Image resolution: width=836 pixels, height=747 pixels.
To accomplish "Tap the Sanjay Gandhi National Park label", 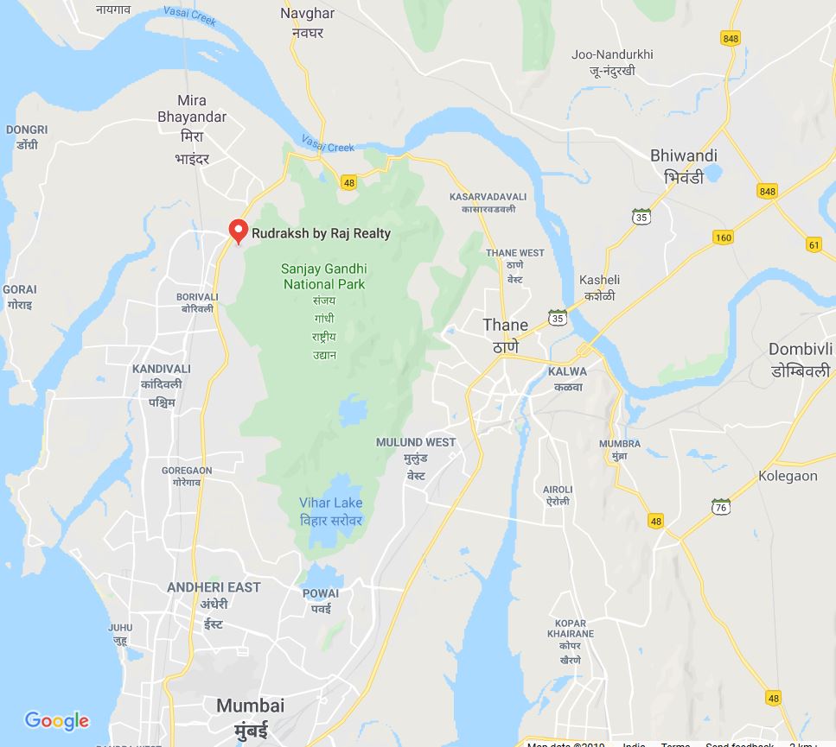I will tap(324, 277).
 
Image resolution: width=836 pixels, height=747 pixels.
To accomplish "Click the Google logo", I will tap(57, 720).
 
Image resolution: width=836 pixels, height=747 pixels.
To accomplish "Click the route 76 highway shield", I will tap(721, 507).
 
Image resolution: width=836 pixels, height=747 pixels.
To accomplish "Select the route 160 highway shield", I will tap(724, 237).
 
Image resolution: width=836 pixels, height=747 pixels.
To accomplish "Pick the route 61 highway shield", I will tap(814, 244).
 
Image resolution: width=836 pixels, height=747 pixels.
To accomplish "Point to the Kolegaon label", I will tap(788, 476).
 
